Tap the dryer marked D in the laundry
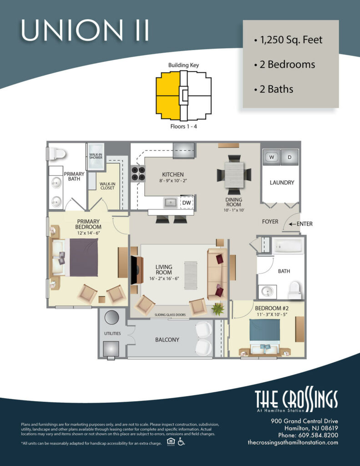click(289, 157)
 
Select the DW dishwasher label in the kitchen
click(187, 203)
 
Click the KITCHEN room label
click(173, 174)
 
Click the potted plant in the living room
click(218, 309)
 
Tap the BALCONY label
click(167, 339)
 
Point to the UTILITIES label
click(112, 334)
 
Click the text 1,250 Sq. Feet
click(291, 40)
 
